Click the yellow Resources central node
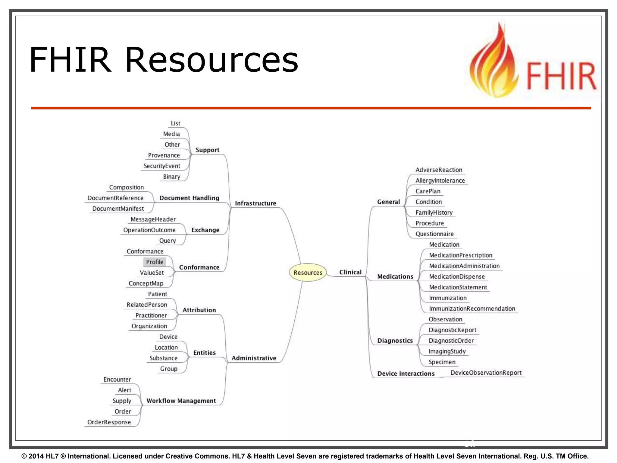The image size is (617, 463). pyautogui.click(x=308, y=272)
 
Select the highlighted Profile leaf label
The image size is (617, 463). pyautogui.click(x=155, y=262)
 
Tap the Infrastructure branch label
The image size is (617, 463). pyautogui.click(x=255, y=203)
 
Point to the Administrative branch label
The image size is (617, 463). pyautogui.click(x=254, y=358)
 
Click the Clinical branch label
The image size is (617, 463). pyautogui.click(x=350, y=272)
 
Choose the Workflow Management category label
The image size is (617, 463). pyautogui.click(x=181, y=401)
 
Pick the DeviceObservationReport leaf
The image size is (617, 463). pyautogui.click(x=486, y=373)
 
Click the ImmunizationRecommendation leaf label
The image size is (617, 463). pyautogui.click(x=472, y=309)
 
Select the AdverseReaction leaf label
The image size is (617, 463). pyautogui.click(x=439, y=170)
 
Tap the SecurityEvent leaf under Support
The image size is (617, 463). pyautogui.click(x=162, y=166)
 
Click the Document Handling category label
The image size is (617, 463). pyautogui.click(x=189, y=198)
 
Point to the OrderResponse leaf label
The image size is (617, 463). pyautogui.click(x=109, y=422)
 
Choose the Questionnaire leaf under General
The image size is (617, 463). pyautogui.click(x=434, y=234)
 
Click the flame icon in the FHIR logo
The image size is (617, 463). pyautogui.click(x=493, y=63)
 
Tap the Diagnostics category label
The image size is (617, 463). pyautogui.click(x=395, y=341)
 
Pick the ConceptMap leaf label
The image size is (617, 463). pyautogui.click(x=146, y=283)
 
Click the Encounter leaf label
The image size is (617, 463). pyautogui.click(x=117, y=380)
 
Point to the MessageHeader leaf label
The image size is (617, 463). pyautogui.click(x=153, y=219)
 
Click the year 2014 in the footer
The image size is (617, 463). pyautogui.click(x=36, y=456)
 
